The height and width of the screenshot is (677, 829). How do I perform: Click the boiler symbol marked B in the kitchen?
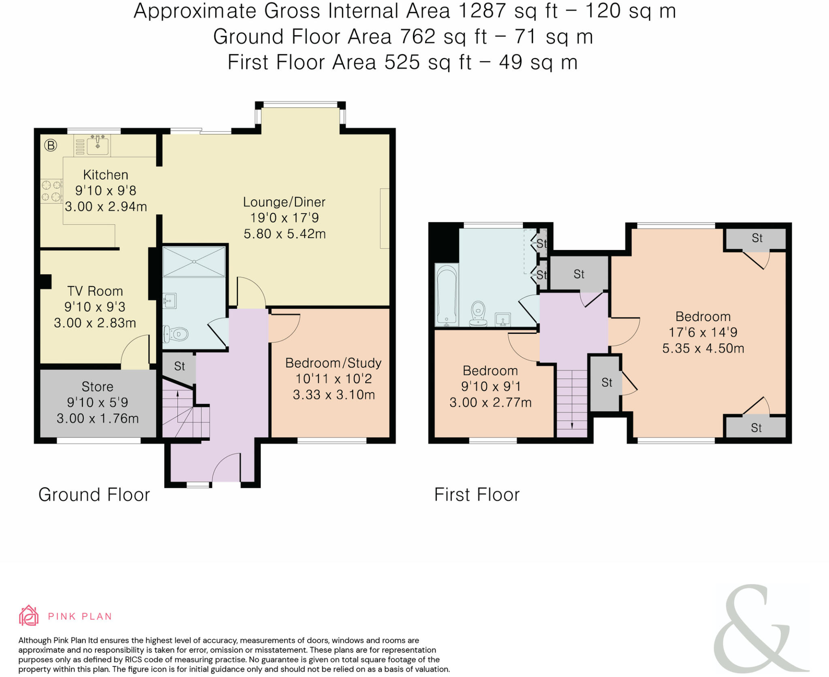(51, 145)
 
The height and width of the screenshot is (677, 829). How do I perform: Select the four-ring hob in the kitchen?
(51, 191)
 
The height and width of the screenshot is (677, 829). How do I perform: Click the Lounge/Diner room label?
(284, 202)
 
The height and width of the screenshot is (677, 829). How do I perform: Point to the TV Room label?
(95, 291)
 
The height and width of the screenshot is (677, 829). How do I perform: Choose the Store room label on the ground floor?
(97, 387)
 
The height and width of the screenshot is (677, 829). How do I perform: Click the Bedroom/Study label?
(334, 363)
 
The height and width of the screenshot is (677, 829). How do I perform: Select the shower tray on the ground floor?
(194, 262)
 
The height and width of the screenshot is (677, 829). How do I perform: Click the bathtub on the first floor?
(447, 295)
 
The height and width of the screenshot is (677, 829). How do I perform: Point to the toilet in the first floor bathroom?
(478, 314)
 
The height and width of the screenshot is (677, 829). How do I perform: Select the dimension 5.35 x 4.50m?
(703, 348)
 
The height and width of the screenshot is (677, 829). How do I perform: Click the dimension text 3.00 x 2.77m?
(490, 402)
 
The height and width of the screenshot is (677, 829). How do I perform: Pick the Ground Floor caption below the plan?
(94, 495)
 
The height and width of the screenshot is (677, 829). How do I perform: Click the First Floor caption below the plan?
(477, 495)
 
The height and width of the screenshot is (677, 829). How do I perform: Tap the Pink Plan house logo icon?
(29, 615)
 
